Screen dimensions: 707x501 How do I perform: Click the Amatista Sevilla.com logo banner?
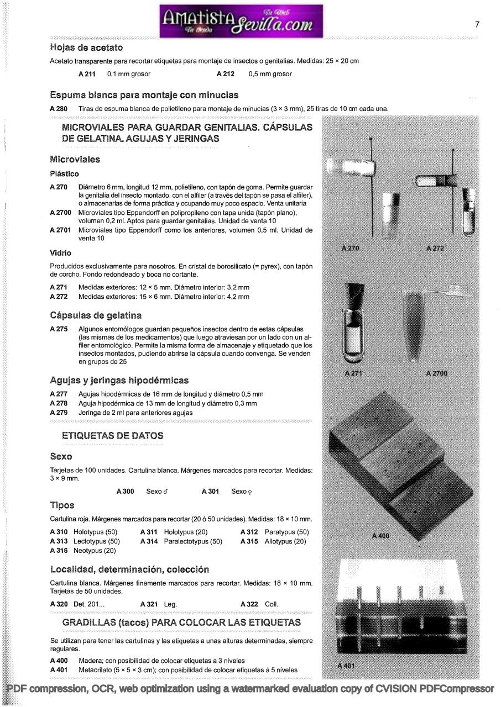241,21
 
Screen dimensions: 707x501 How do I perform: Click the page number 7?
477,24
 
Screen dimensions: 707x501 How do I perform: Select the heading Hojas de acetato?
86,48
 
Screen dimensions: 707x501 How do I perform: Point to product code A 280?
59,109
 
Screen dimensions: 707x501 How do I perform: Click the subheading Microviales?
75,160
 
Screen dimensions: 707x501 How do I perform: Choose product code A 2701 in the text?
60,230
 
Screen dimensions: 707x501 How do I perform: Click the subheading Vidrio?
60,253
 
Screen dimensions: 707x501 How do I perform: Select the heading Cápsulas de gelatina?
96,315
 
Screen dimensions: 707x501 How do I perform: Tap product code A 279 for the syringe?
59,413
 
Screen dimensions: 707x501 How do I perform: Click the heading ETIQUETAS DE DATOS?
113,436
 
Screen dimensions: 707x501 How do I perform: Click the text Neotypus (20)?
95,551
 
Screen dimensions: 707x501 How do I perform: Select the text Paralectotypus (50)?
193,541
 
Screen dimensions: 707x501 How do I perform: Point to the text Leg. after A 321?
170,604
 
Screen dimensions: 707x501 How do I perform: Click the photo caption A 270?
350,249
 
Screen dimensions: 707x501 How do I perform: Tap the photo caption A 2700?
436,373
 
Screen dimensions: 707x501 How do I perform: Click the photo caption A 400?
380,535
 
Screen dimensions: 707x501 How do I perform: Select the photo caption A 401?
346,666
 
